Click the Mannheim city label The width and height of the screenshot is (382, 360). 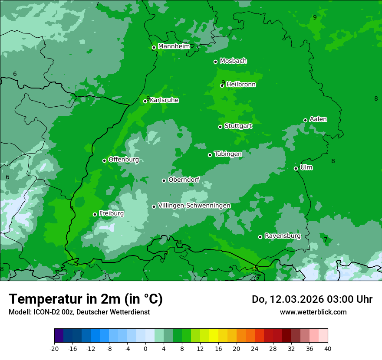(x=174, y=46)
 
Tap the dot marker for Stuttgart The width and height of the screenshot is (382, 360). (x=220, y=127)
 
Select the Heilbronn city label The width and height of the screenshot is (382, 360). (x=241, y=85)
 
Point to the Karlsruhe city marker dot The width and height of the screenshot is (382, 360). (x=145, y=101)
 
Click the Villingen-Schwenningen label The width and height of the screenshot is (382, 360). (x=194, y=206)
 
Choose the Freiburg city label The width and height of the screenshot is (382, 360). (x=111, y=213)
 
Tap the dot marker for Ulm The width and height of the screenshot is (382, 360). (x=296, y=168)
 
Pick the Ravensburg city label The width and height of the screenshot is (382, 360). (x=282, y=236)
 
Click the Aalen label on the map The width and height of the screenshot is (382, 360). (x=318, y=119)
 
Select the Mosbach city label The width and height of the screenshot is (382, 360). (x=233, y=61)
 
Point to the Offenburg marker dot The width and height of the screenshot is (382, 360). (x=104, y=160)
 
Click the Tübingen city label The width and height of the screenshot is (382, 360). (x=227, y=154)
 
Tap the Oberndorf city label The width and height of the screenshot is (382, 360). (x=184, y=180)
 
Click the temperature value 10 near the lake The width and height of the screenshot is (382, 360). (x=254, y=269)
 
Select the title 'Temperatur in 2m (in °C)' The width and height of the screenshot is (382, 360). (x=86, y=299)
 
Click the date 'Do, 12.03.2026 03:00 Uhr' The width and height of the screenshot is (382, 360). (x=312, y=299)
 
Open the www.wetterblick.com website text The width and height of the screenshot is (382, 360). (x=313, y=312)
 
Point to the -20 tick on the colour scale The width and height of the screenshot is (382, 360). (x=54, y=348)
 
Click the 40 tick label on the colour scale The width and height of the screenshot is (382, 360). (x=327, y=348)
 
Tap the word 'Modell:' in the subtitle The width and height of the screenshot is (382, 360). (x=19, y=312)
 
